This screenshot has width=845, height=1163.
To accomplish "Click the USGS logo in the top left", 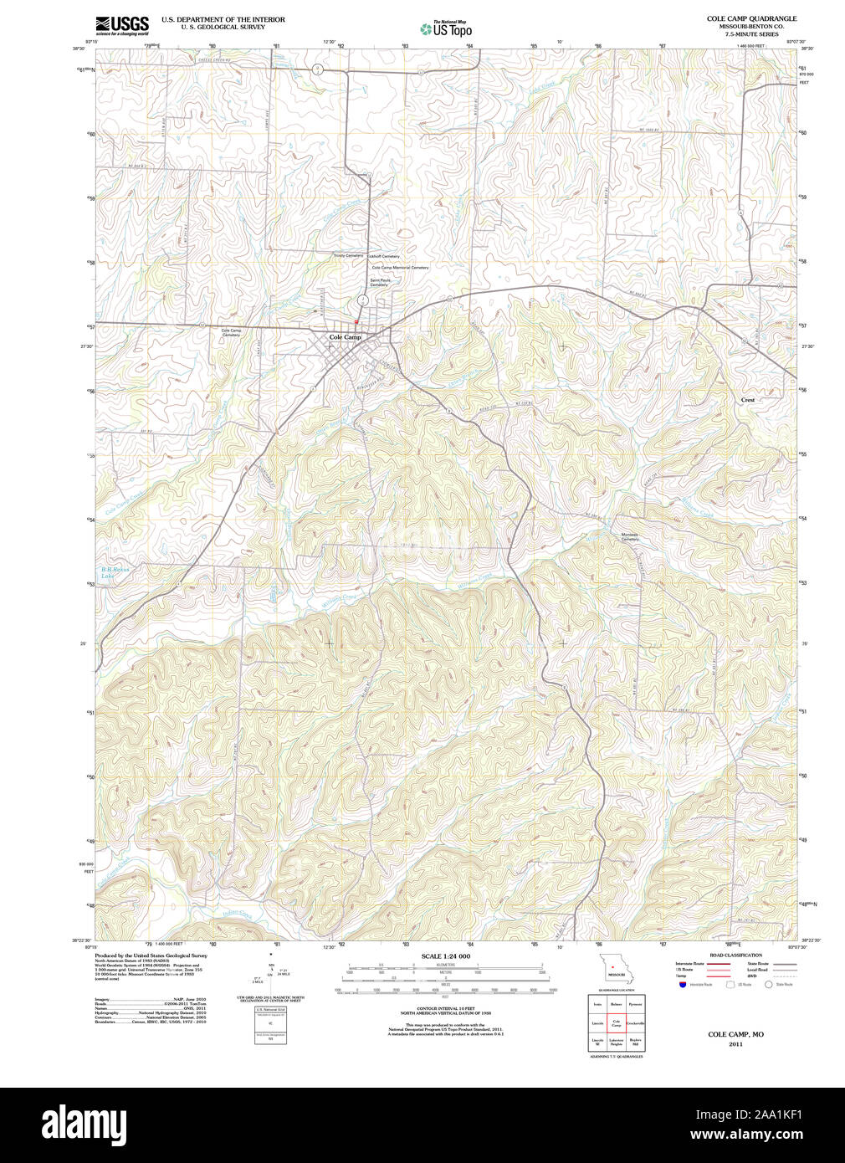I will [122, 24].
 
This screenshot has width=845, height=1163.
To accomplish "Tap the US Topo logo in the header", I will [447, 28].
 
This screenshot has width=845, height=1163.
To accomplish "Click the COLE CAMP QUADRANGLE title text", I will [751, 18].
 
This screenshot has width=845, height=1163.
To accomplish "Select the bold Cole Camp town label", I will [345, 337].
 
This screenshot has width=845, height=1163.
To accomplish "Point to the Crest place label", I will [747, 400].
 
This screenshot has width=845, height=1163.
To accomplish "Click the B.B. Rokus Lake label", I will [115, 572].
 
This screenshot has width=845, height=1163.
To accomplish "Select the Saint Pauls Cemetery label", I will [380, 283].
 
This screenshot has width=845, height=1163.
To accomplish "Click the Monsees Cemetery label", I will [629, 537].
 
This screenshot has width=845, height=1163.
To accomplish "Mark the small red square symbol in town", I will [356, 322].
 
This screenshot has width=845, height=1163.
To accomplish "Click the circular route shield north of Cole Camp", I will [362, 300].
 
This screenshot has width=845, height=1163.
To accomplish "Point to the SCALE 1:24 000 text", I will [445, 956].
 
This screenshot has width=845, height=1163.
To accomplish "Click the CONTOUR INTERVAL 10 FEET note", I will [445, 1008].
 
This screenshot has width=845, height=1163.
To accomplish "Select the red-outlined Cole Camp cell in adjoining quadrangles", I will [616, 1023].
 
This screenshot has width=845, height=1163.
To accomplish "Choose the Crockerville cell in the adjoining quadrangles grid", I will [635, 1023].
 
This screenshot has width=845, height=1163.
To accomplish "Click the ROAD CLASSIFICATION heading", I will [735, 955].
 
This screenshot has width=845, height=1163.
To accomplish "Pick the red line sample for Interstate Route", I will [718, 964].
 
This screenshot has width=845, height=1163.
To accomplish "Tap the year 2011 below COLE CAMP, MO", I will [735, 1044].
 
